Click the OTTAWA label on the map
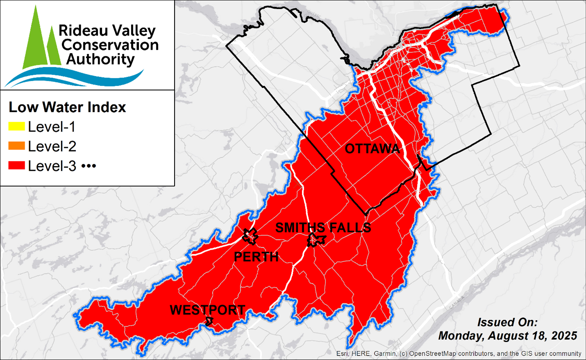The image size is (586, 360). point(372,149)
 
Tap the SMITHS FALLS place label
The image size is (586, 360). point(323,228)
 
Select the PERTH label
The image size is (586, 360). point(256,257)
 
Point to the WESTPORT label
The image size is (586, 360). point(207,310)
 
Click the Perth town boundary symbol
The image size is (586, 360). point(250,236)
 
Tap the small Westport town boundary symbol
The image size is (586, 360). point(209,322)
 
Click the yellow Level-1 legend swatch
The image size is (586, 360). point(17,127)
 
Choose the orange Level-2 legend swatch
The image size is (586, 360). point(17,146)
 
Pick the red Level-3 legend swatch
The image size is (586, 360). point(17,166)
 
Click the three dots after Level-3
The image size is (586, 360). point(89,166)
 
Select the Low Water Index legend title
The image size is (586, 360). point(67,107)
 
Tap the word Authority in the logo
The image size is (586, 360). point(100,59)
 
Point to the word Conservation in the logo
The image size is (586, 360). point(110,45)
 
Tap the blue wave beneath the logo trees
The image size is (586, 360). point(74,78)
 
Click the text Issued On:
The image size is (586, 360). point(507,322)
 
